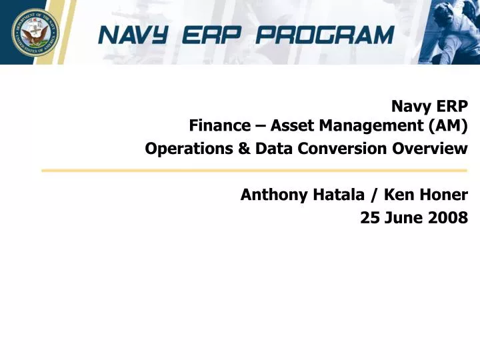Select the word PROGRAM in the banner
[337, 34]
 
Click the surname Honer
[443, 195]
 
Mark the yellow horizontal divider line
[253, 171]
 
